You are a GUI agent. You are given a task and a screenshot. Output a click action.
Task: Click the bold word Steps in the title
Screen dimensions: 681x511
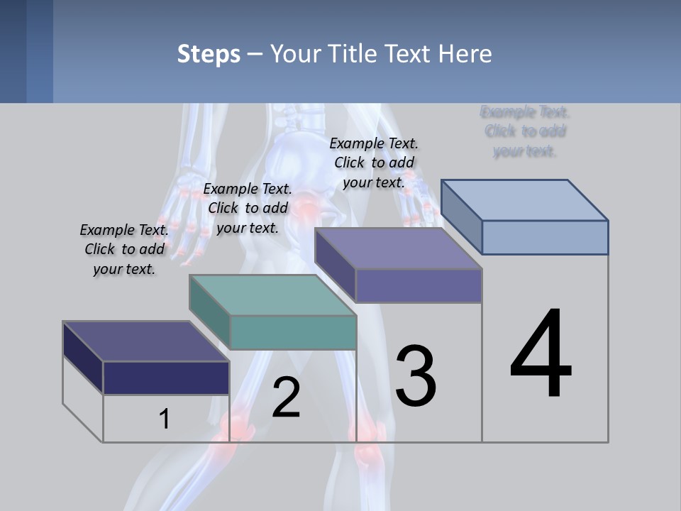209,54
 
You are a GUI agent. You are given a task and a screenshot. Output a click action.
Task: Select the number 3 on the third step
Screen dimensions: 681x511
416,375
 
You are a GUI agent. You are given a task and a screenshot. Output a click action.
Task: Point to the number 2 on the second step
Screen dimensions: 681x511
286,397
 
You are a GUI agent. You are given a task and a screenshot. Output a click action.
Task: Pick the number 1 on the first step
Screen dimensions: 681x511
164,419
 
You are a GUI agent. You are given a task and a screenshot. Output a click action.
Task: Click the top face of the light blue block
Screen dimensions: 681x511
525,199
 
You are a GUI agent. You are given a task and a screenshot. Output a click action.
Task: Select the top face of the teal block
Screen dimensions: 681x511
272,295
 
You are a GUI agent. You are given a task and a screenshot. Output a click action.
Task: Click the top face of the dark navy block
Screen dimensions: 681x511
145,341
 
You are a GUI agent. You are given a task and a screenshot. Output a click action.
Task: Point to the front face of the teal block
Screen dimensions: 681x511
293,332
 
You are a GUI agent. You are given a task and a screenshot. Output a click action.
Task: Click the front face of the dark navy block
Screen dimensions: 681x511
166,378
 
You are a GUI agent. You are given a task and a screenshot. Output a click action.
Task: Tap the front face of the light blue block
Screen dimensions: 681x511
545,237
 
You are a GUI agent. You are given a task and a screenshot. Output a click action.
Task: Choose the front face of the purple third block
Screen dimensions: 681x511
419,285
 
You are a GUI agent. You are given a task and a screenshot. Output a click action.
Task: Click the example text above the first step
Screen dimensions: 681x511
124,249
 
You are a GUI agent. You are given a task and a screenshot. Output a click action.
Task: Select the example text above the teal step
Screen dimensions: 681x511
248,208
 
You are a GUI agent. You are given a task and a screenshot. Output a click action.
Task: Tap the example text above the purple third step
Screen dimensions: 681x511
374,163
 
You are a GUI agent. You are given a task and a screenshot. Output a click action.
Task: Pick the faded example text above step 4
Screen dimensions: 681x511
525,131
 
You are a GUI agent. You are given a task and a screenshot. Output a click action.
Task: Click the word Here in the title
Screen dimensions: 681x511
466,54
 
